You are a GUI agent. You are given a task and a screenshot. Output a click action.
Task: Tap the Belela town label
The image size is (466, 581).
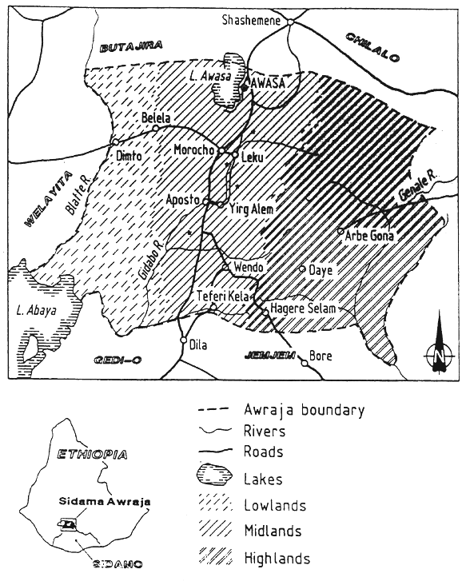click(x=157, y=118)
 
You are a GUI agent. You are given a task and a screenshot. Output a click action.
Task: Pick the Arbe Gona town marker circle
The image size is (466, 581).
click(x=341, y=232)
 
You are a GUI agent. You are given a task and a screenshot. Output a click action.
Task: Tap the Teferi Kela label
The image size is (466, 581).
click(x=224, y=296)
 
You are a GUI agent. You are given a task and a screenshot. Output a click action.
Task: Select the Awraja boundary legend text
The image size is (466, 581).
click(x=304, y=411)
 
